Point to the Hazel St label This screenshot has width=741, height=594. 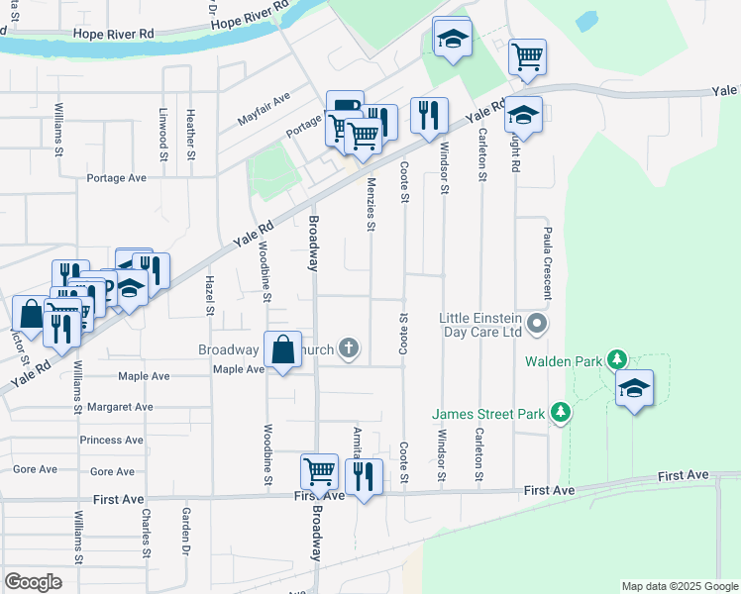point(209,296)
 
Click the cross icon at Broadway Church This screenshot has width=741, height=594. point(348,347)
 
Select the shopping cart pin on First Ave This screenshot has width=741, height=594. point(319,472)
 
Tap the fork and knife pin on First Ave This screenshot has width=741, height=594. point(364,477)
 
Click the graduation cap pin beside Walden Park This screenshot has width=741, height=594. point(634,388)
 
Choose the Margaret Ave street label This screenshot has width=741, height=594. point(120,406)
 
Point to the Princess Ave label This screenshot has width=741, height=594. point(113,440)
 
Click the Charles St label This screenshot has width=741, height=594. point(146,531)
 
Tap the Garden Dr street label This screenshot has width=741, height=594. point(185,531)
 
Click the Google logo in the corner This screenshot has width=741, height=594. point(33,582)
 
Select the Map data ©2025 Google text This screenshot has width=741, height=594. point(678,586)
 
